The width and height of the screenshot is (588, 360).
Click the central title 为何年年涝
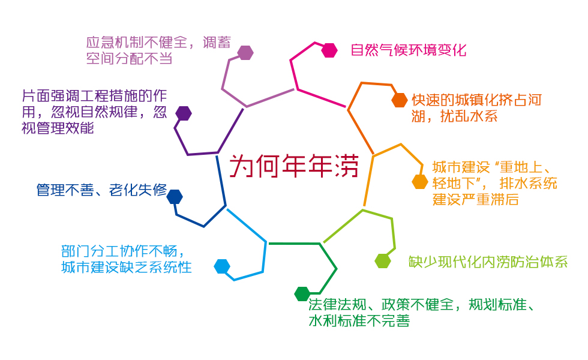click(294, 166)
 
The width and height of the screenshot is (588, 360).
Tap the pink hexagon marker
click(329, 50)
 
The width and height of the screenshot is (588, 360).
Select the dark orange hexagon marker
click(400, 100)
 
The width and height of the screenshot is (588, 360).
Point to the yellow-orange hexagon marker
click(420, 182)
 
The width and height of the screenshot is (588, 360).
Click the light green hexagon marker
click(383, 261)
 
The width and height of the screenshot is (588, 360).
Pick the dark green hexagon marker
click(302, 294)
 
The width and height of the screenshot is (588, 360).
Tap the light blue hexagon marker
click(222, 266)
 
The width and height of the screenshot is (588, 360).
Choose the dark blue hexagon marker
click(175, 197)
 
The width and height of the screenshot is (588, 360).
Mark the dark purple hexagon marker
click(184, 113)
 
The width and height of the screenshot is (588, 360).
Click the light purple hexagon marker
click(245, 53)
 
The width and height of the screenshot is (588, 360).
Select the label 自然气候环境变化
click(409, 50)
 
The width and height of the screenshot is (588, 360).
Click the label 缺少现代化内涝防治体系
click(488, 262)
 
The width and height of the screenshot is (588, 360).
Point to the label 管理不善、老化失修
click(101, 190)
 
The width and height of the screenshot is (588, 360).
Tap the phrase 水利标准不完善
click(359, 321)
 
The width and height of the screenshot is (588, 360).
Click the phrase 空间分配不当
click(130, 59)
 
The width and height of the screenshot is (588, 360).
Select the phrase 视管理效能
click(58, 128)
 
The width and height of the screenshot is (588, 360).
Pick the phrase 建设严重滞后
click(475, 199)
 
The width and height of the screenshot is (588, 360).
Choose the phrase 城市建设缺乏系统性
click(127, 268)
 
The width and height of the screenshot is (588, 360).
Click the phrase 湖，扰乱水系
click(455, 116)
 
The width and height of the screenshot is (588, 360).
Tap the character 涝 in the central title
click(347, 166)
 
